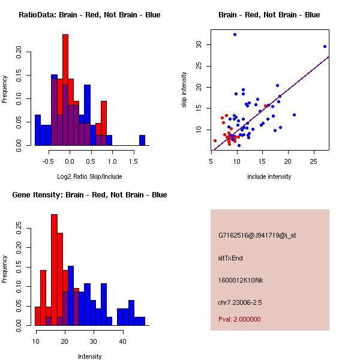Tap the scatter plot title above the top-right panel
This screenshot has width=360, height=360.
[x=269, y=15]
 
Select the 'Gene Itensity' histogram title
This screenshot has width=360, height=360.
[x=89, y=195]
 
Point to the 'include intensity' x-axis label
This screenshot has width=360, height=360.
[x=269, y=177]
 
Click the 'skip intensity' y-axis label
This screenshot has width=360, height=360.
[x=184, y=90]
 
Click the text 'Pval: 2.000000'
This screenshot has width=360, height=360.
[x=239, y=319]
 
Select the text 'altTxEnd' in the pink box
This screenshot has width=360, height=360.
[x=230, y=258]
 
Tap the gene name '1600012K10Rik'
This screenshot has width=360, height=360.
[x=240, y=280]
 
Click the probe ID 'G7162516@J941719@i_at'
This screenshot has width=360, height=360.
[x=257, y=235]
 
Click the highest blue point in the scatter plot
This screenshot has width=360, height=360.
[x=235, y=34]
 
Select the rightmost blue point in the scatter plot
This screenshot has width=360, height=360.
[x=325, y=46]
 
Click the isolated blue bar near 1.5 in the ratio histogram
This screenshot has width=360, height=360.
[x=142, y=140]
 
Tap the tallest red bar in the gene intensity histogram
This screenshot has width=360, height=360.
[x=55, y=270]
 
